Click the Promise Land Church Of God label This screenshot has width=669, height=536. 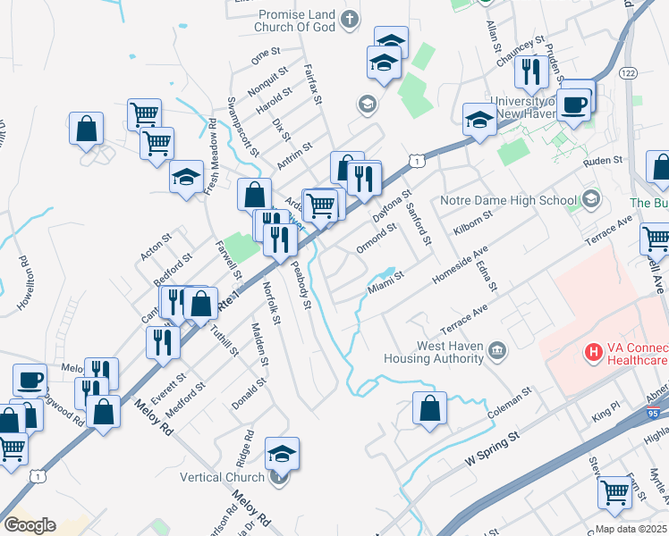(297, 21)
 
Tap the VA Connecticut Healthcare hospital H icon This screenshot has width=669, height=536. (591, 353)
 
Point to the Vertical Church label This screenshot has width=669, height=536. (223, 477)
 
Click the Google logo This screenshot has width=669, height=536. (30, 525)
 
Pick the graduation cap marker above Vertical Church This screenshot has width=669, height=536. (282, 453)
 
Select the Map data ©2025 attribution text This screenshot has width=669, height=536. (632, 529)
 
